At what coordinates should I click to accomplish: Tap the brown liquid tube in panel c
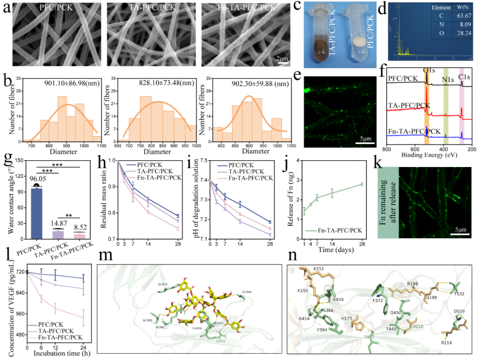[x=331, y=43]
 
